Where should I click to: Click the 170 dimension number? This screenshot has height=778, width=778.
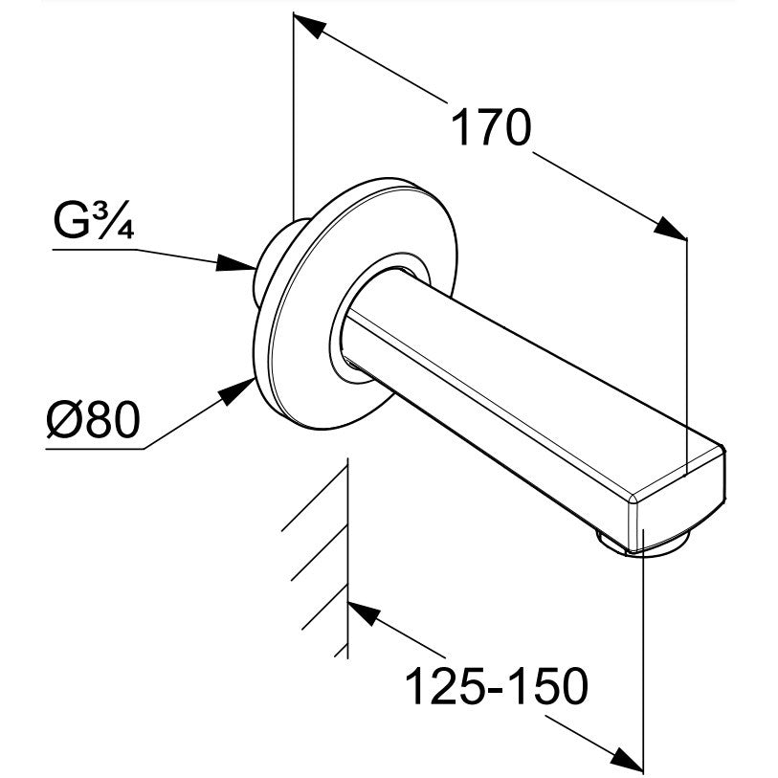490,128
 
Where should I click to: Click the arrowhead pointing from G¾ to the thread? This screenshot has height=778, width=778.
235,262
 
